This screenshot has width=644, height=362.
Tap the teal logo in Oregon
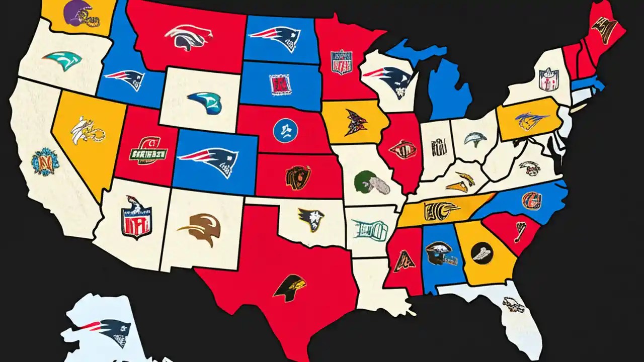coord(63,61)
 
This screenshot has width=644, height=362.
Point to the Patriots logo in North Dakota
coord(275,37)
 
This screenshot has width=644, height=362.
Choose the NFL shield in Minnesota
coord(342,62)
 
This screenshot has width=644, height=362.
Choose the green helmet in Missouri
coord(371,183)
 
